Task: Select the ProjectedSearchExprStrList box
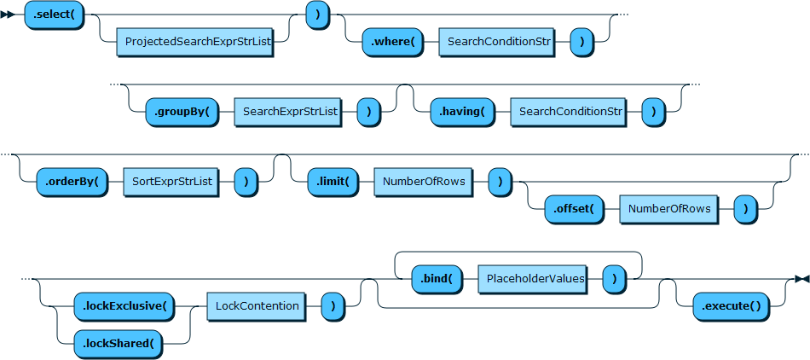coord(194,41)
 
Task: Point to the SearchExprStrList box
coord(289,112)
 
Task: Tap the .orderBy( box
coord(72,182)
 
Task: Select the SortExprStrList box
coord(171,182)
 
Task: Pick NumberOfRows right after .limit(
coord(423,182)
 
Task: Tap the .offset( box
coord(573,208)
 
